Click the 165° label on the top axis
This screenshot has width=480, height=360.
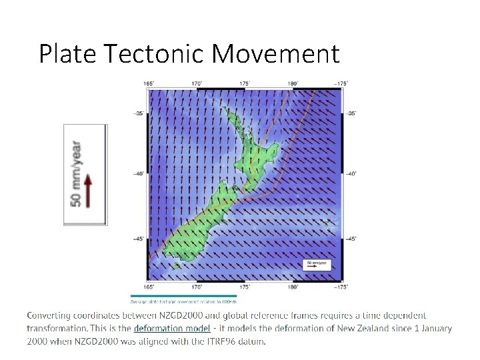click(x=149, y=83)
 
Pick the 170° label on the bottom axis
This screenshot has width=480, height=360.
click(x=197, y=287)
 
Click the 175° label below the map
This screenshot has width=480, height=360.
click(x=245, y=287)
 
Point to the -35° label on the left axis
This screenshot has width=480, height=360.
click(x=139, y=113)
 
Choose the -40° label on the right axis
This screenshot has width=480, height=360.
click(x=351, y=173)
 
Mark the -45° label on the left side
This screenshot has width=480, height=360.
click(x=139, y=238)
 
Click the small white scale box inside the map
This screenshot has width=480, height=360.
click(x=317, y=265)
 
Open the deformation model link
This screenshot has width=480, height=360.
click(x=172, y=328)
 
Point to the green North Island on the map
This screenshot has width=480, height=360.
click(x=257, y=150)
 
